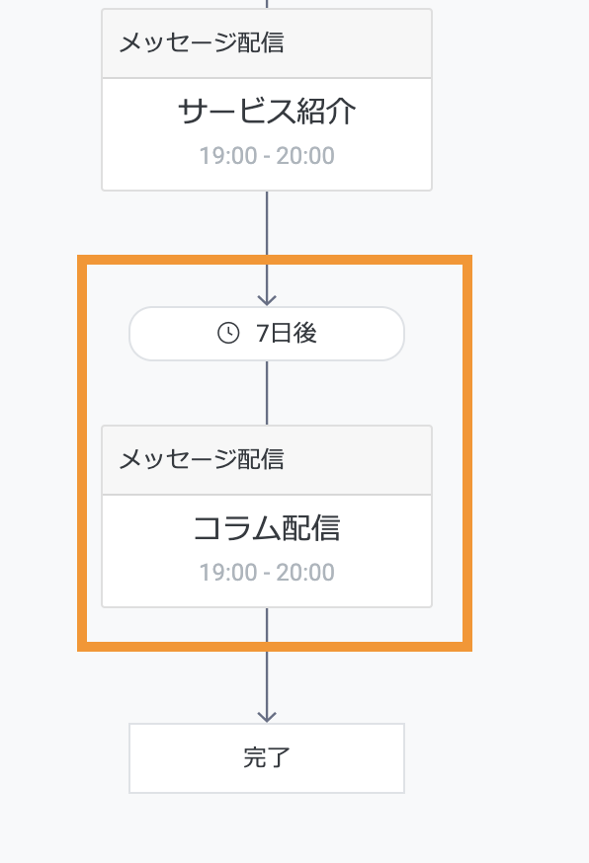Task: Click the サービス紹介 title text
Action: click(x=267, y=112)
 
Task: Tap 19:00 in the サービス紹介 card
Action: click(x=228, y=156)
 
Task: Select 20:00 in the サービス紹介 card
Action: click(x=305, y=156)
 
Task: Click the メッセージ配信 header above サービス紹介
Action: click(x=202, y=42)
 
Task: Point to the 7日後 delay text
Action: click(x=287, y=334)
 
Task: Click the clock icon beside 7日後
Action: click(x=228, y=333)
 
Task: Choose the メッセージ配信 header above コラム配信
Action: click(x=202, y=459)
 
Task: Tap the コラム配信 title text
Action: click(x=267, y=528)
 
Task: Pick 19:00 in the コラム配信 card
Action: click(x=228, y=573)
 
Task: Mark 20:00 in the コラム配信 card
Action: click(x=305, y=573)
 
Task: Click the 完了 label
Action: click(x=267, y=758)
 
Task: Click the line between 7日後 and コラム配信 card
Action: click(x=267, y=393)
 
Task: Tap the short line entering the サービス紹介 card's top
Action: click(x=267, y=4)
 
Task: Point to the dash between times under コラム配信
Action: click(x=267, y=574)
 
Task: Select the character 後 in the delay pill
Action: click(x=305, y=334)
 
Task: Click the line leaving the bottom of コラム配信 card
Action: click(x=267, y=665)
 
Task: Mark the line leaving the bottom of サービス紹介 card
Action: click(x=267, y=248)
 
